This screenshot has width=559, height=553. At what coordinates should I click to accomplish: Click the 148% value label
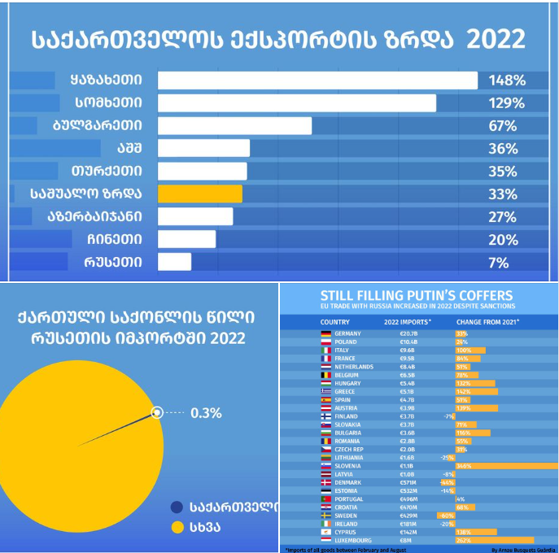pyautogui.click(x=507, y=81)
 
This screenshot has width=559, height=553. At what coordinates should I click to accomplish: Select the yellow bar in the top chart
pyautogui.click(x=199, y=194)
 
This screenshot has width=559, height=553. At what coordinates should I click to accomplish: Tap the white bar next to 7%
pyautogui.click(x=174, y=263)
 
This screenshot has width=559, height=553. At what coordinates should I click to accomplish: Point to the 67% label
pyautogui.click(x=503, y=126)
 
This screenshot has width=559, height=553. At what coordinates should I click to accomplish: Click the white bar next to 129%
pyautogui.click(x=296, y=103)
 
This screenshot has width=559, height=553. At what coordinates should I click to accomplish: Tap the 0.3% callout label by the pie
pyautogui.click(x=206, y=413)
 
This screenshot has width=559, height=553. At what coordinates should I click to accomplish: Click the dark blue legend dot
pyautogui.click(x=177, y=507)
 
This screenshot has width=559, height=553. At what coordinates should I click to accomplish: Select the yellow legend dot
pyautogui.click(x=177, y=528)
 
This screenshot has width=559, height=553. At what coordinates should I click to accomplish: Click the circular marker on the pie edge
pyautogui.click(x=158, y=413)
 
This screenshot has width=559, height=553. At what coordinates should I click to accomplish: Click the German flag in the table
pyautogui.click(x=325, y=333)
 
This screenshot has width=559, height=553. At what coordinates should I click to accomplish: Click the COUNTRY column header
pyautogui.click(x=335, y=321)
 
